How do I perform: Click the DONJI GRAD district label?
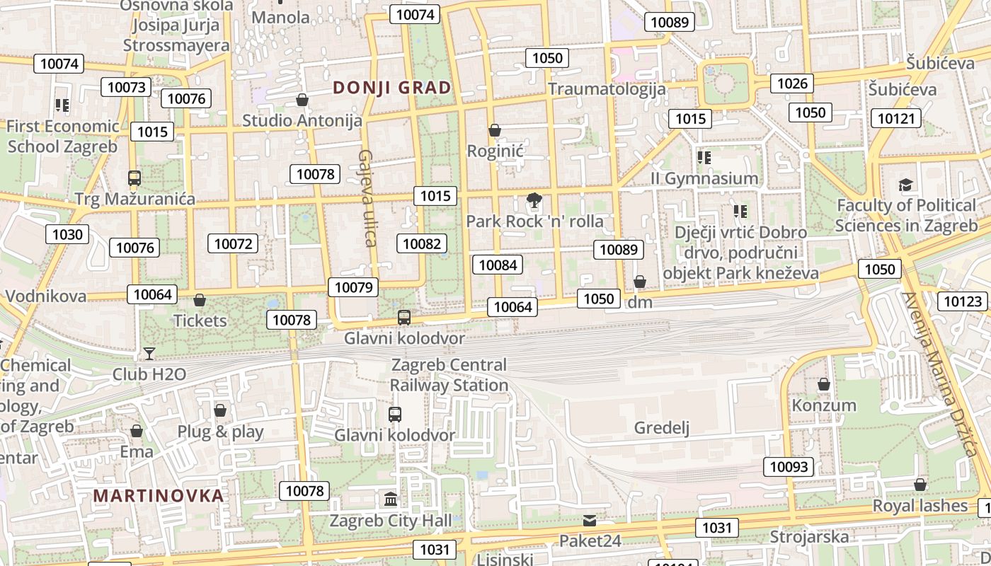(391, 88)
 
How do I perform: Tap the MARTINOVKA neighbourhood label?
(159, 495)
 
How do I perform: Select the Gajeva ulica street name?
(367, 197)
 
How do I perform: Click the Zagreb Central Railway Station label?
(449, 375)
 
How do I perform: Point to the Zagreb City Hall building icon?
(391, 499)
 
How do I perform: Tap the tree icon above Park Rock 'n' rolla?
(534, 200)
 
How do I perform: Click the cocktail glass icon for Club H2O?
(149, 353)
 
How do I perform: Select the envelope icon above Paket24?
(590, 521)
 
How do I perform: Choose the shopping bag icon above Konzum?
(823, 384)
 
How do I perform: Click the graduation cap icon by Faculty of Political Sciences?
(905, 185)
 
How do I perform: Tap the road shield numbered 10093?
(788, 467)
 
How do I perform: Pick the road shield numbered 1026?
(792, 83)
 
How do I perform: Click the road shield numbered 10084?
(498, 265)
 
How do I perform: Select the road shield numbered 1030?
(67, 234)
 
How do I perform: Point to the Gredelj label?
(661, 427)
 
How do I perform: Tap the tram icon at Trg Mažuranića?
(134, 178)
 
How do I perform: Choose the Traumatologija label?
(607, 88)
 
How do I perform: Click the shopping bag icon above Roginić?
(495, 130)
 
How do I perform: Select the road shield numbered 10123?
(963, 302)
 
